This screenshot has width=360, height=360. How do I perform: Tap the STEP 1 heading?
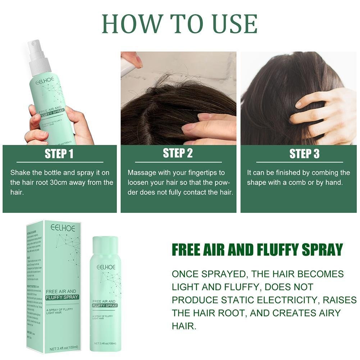pos(59,154)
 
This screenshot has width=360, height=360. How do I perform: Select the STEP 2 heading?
pos(178,153)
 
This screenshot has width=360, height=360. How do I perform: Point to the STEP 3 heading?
pos(304,154)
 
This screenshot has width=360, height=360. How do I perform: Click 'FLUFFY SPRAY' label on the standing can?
pos(105,305)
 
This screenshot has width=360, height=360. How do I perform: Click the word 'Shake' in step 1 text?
pos(20,173)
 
